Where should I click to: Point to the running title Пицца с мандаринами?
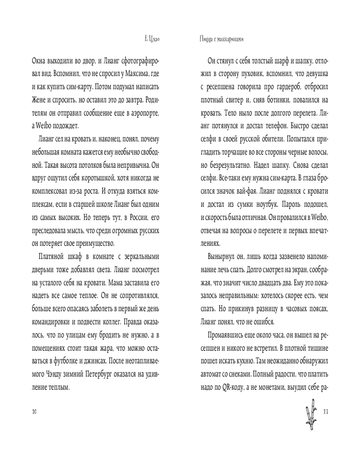tap(220, 40)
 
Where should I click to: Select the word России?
tap(128, 219)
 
